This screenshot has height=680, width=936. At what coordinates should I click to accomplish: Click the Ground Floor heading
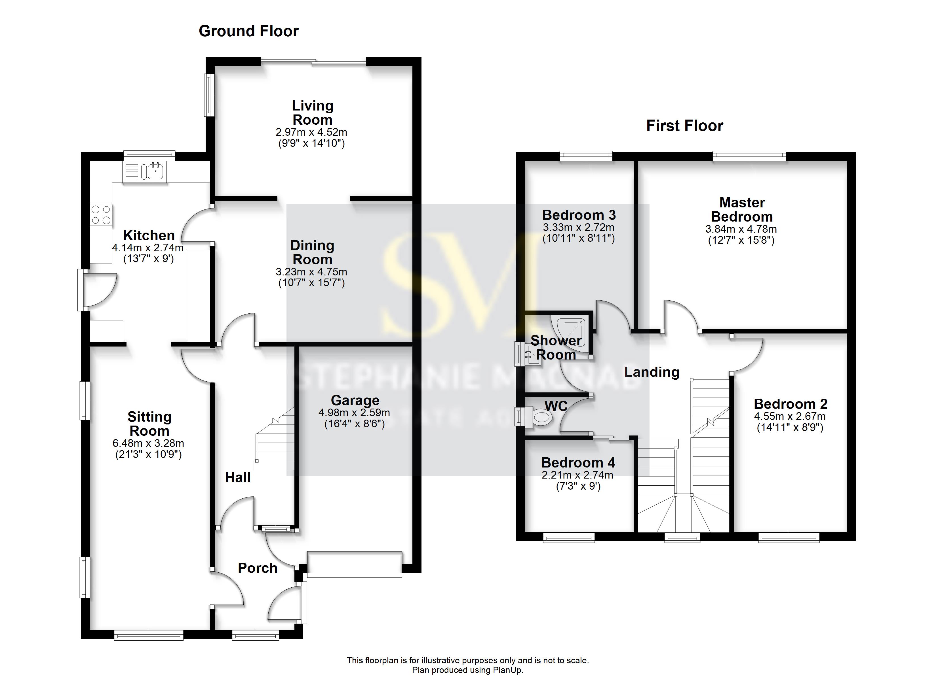(248, 31)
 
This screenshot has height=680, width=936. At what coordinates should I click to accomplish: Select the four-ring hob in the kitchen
(101, 215)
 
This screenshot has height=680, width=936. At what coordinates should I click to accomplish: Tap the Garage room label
(355, 400)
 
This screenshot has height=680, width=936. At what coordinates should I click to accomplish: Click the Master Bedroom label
(742, 209)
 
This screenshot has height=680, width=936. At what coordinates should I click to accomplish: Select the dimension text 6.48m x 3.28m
(148, 443)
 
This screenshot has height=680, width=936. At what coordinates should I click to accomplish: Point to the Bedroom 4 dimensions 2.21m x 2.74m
(577, 475)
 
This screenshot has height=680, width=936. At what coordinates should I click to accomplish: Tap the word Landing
(652, 372)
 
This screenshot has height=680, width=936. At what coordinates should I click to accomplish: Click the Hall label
(238, 477)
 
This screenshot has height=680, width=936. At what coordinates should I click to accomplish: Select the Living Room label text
(312, 112)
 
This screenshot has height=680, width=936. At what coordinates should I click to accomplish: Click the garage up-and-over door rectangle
(354, 564)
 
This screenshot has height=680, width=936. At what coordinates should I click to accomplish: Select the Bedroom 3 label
(579, 215)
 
